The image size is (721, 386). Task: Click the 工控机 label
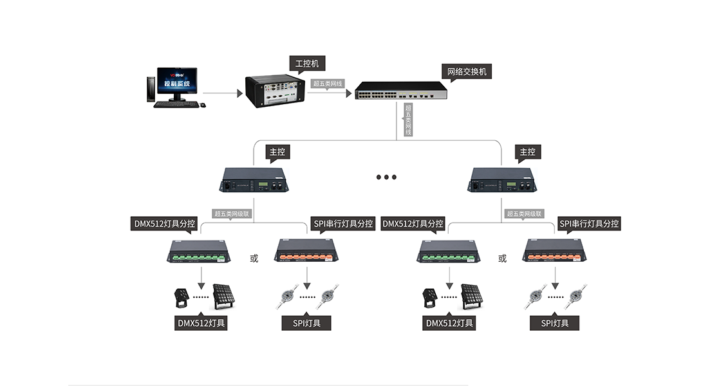[306, 63]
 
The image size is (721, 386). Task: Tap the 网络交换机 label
[466, 71]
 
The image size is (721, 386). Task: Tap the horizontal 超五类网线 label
[328, 84]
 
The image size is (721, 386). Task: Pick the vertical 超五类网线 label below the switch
[407, 120]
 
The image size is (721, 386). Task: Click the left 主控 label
[277, 152]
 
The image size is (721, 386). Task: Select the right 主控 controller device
[501, 179]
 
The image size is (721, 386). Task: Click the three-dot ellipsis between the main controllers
[386, 177]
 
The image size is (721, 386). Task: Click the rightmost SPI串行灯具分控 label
[589, 224]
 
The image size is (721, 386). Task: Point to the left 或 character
[254, 259]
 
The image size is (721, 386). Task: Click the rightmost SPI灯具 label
[554, 323]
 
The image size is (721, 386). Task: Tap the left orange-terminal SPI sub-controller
[304, 250]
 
